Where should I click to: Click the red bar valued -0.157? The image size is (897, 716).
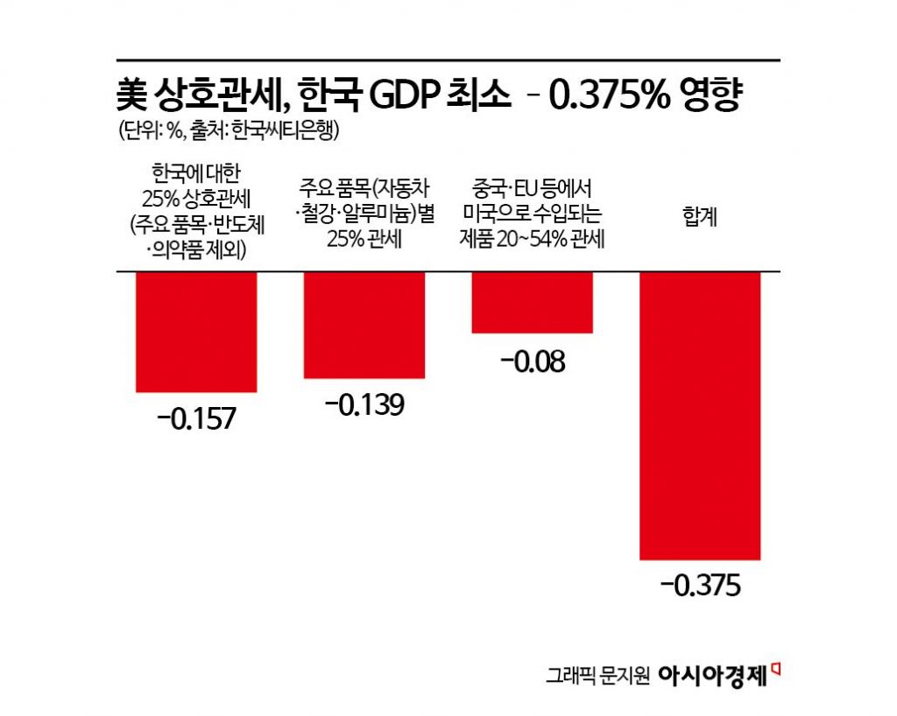pos(196,332)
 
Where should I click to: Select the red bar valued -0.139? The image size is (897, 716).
pos(364,325)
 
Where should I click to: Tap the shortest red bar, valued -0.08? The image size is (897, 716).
pos(532,302)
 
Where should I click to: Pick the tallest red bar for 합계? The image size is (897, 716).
pos(700,415)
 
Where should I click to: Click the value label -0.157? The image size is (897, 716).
pos(196,418)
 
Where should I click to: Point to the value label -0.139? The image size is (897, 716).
pos(364,405)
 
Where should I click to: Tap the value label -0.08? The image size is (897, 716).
pos(532,360)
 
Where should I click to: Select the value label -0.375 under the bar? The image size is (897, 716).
pos(700,586)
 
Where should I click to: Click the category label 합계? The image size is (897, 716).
pos(700,214)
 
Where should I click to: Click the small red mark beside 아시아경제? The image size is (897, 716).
pos(775,668)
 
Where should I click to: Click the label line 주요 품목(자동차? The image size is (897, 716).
pos(364,187)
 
